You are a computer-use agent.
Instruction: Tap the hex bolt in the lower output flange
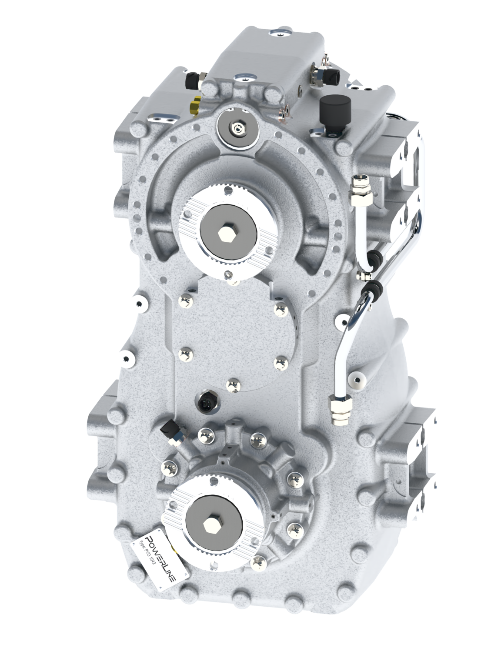tap(214, 523)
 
